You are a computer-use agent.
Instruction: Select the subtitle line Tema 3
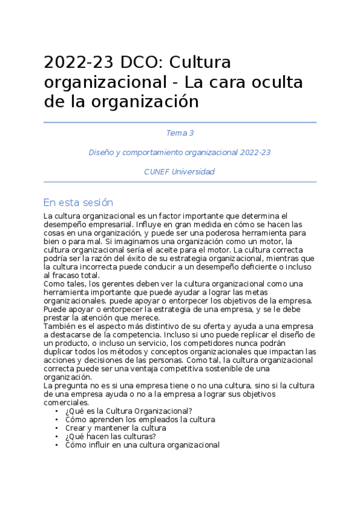click(x=180, y=133)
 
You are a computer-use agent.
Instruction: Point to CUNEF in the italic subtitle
click(x=156, y=171)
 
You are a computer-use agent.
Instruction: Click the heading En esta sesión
click(x=78, y=202)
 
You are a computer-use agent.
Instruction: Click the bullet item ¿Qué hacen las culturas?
click(x=111, y=437)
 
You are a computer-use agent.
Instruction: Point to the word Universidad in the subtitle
click(x=193, y=171)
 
